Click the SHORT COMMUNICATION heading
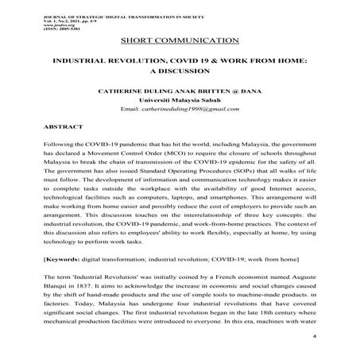[180, 41]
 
